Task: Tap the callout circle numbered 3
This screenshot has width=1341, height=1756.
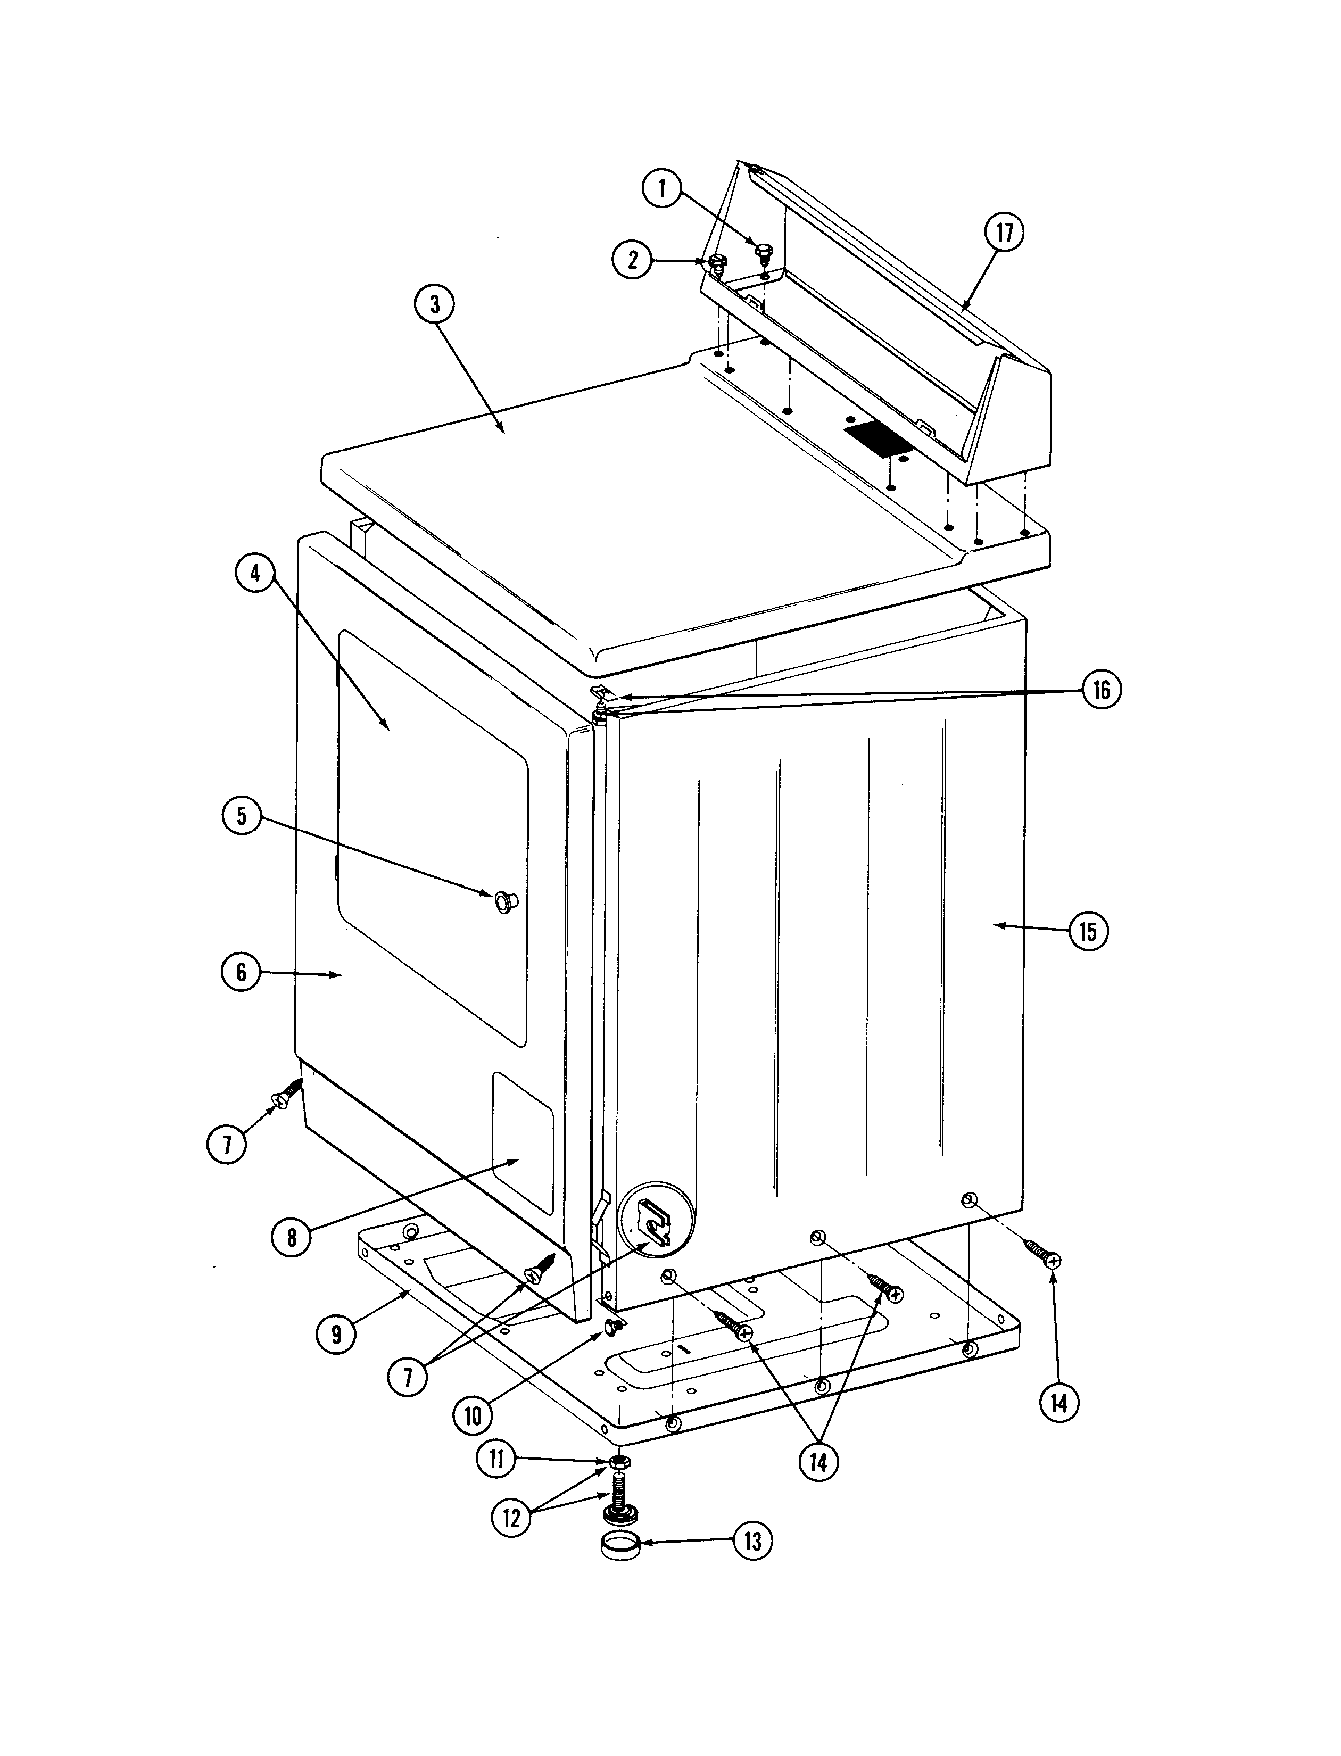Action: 434,304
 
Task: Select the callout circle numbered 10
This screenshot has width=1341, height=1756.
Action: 474,1416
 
